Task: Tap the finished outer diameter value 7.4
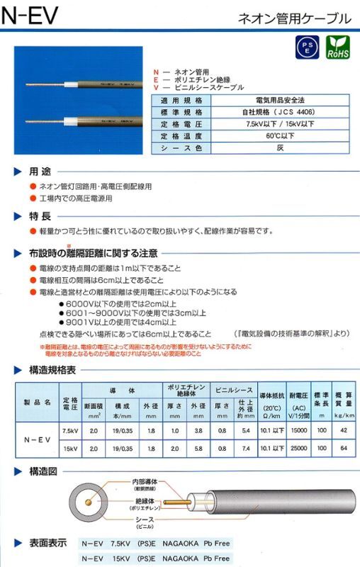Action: pyautogui.click(x=246, y=449)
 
